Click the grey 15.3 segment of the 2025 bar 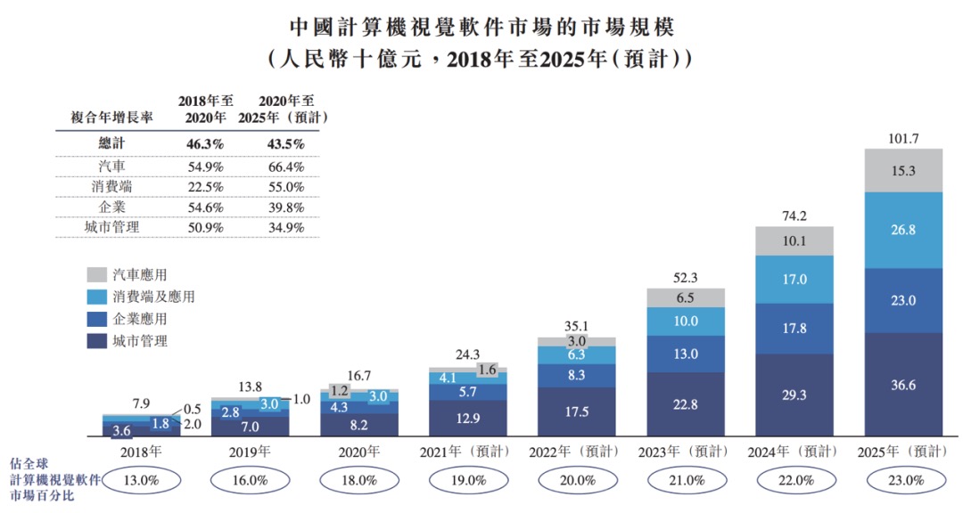[905, 170]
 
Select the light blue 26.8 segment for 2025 [905, 230]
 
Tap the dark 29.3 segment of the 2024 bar [794, 395]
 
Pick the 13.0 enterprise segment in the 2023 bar [686, 354]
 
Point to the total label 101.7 [905, 138]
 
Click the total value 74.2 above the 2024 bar [795, 216]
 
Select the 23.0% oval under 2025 [905, 480]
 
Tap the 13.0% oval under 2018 [141, 480]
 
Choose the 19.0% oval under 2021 [468, 480]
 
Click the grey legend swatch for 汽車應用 [97, 274]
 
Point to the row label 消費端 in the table [113, 188]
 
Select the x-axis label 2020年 [359, 452]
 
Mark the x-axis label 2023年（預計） [686, 452]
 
